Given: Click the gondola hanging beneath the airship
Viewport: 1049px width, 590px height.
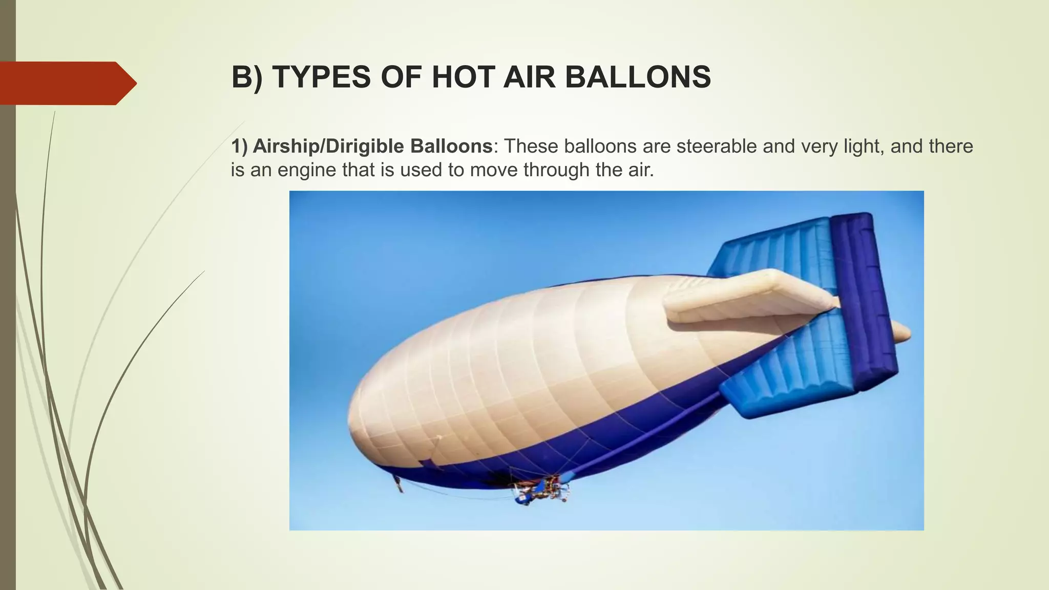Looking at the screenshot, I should coord(540,491).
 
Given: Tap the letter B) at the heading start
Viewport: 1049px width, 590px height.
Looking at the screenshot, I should coord(246,77).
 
